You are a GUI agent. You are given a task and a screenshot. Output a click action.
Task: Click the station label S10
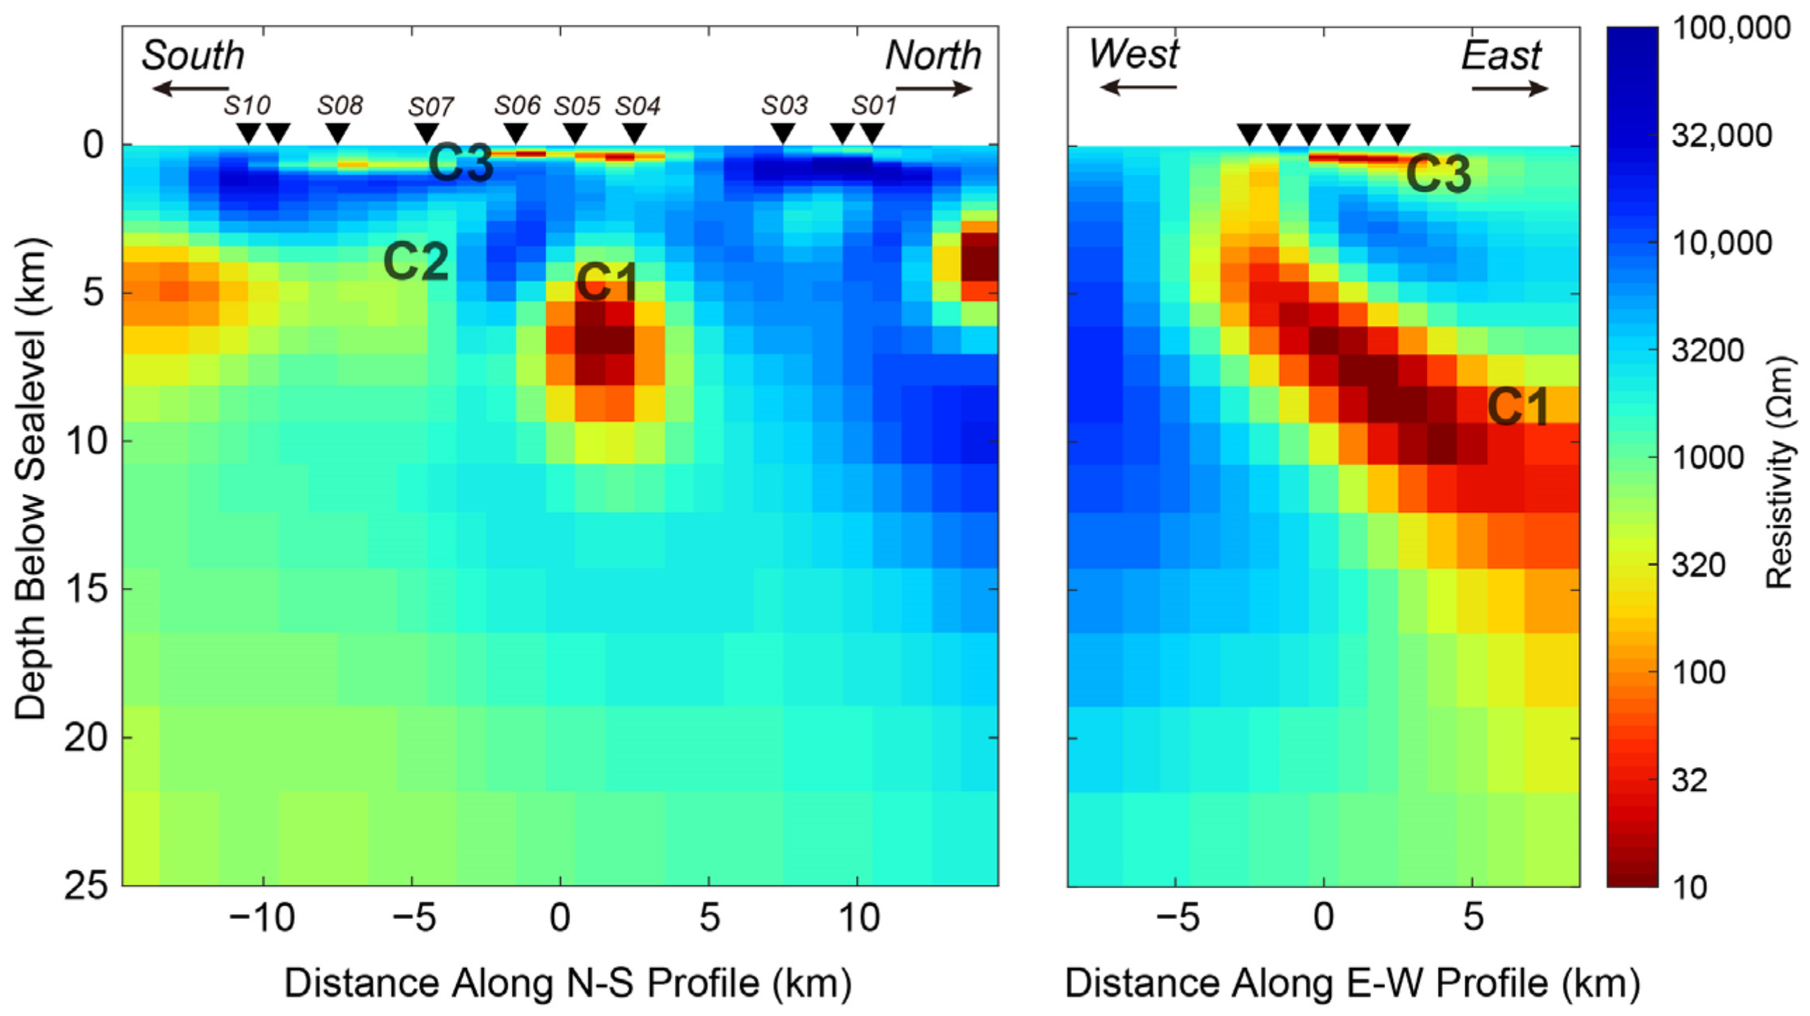click(x=246, y=106)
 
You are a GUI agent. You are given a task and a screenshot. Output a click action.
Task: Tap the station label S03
click(x=784, y=106)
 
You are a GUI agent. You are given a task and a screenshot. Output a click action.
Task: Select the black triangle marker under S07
click(x=426, y=133)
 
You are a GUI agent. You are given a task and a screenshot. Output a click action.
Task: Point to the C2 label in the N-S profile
click(x=416, y=261)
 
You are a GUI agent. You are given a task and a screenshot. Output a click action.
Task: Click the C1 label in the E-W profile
click(x=1519, y=406)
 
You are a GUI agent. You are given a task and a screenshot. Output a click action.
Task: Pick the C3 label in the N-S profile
click(x=461, y=163)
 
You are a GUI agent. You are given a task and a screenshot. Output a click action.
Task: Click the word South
click(x=192, y=55)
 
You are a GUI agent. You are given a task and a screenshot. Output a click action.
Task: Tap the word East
click(x=1501, y=55)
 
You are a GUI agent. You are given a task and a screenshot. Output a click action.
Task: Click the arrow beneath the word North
click(x=934, y=88)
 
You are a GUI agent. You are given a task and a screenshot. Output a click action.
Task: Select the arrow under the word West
click(x=1137, y=87)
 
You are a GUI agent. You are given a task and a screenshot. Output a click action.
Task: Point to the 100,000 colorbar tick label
click(x=1731, y=28)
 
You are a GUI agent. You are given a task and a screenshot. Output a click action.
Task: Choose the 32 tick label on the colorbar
click(x=1689, y=780)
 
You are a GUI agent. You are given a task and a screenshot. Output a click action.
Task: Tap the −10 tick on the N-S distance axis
click(x=262, y=918)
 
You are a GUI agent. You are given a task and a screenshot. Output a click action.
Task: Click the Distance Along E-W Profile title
click(x=1352, y=983)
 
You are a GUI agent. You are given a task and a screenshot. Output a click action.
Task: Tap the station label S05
click(x=577, y=106)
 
